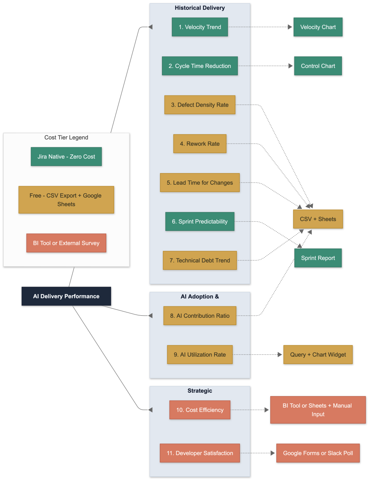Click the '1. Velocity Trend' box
[200, 27]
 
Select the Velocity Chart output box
[318, 27]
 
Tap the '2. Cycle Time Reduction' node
[200, 66]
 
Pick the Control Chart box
[318, 66]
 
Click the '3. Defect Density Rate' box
[200, 105]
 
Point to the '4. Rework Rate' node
[200, 144]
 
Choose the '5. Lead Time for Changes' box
[200, 183]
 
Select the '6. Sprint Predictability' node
[200, 222]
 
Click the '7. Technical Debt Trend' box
[200, 260]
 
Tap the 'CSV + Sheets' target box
[318, 219]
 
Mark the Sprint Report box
[318, 258]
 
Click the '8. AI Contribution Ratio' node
[200, 316]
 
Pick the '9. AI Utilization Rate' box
[200, 355]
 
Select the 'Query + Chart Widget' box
[318, 355]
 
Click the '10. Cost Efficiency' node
[200, 410]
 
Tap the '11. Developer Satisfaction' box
[200, 453]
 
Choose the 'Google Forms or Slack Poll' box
[318, 453]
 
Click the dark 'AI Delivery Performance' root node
[66, 297]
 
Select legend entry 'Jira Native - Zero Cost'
[66, 156]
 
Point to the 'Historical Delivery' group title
[200, 8]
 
